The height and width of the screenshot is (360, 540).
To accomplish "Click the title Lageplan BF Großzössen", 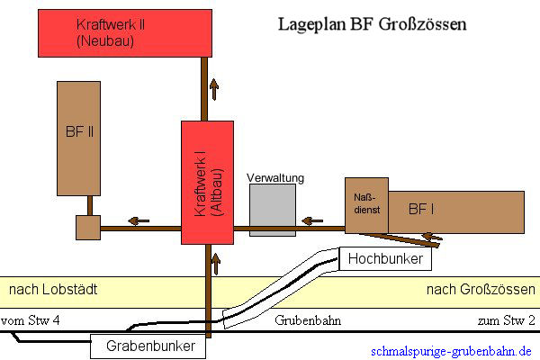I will tap(371, 24).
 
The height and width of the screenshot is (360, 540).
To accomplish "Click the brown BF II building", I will tap(78, 139).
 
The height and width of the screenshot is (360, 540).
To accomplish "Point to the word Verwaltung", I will tap(275, 178).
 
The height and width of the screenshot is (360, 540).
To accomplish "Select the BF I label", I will tap(424, 209).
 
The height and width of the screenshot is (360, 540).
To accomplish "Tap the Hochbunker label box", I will tap(386, 259).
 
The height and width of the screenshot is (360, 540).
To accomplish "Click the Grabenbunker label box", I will tap(148, 345).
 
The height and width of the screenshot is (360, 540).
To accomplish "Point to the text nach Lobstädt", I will tap(53, 290).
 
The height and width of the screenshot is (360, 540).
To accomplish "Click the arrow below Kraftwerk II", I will tap(213, 88).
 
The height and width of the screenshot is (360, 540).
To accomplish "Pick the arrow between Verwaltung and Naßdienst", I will tap(311, 220).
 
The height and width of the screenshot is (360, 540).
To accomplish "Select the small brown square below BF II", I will tap(87, 228).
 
